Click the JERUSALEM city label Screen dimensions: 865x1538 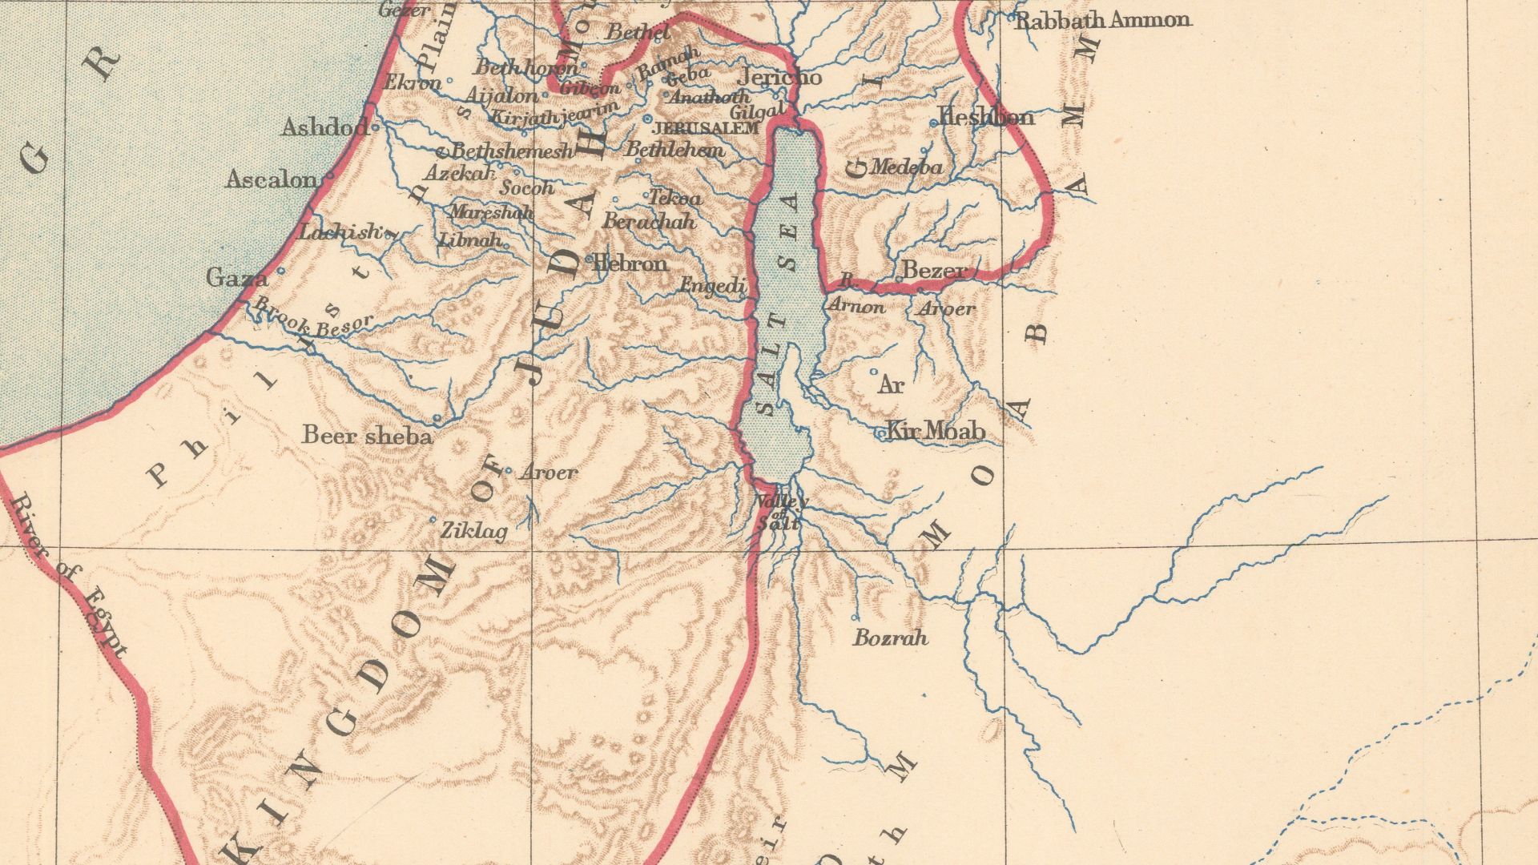point(706,128)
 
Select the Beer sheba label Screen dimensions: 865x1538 point(368,436)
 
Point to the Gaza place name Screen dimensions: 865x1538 point(236,278)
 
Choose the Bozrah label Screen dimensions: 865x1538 point(890,638)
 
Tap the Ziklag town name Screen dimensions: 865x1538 point(475,531)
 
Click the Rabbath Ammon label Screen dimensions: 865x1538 point(1102,21)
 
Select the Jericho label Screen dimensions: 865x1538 point(779,78)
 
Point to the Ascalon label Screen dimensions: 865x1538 point(271,179)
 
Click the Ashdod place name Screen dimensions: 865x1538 point(324,127)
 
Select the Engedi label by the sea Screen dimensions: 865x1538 point(713,285)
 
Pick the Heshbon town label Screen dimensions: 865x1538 point(986,117)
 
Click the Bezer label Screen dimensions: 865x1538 point(934,271)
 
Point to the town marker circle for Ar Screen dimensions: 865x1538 point(874,372)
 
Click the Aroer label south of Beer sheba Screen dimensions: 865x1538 point(549,473)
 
